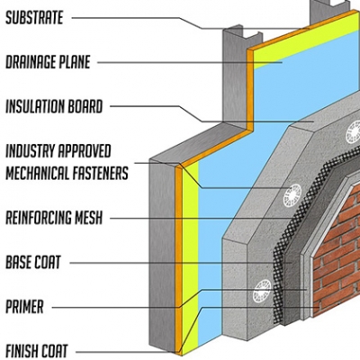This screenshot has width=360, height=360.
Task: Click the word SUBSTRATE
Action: click(34, 17)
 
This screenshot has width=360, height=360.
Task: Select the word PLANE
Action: click(76, 62)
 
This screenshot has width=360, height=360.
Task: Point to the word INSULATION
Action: click(35, 106)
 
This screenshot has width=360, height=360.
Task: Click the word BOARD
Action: click(85, 106)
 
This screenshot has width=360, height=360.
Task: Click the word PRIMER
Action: click(24, 307)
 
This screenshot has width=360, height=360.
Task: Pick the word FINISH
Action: click(22, 351)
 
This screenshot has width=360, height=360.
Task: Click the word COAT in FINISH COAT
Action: click(55, 351)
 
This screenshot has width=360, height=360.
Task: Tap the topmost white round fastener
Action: click(353, 131)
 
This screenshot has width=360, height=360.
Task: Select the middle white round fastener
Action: click(292, 196)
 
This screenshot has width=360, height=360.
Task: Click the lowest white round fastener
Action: click(262, 291)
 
